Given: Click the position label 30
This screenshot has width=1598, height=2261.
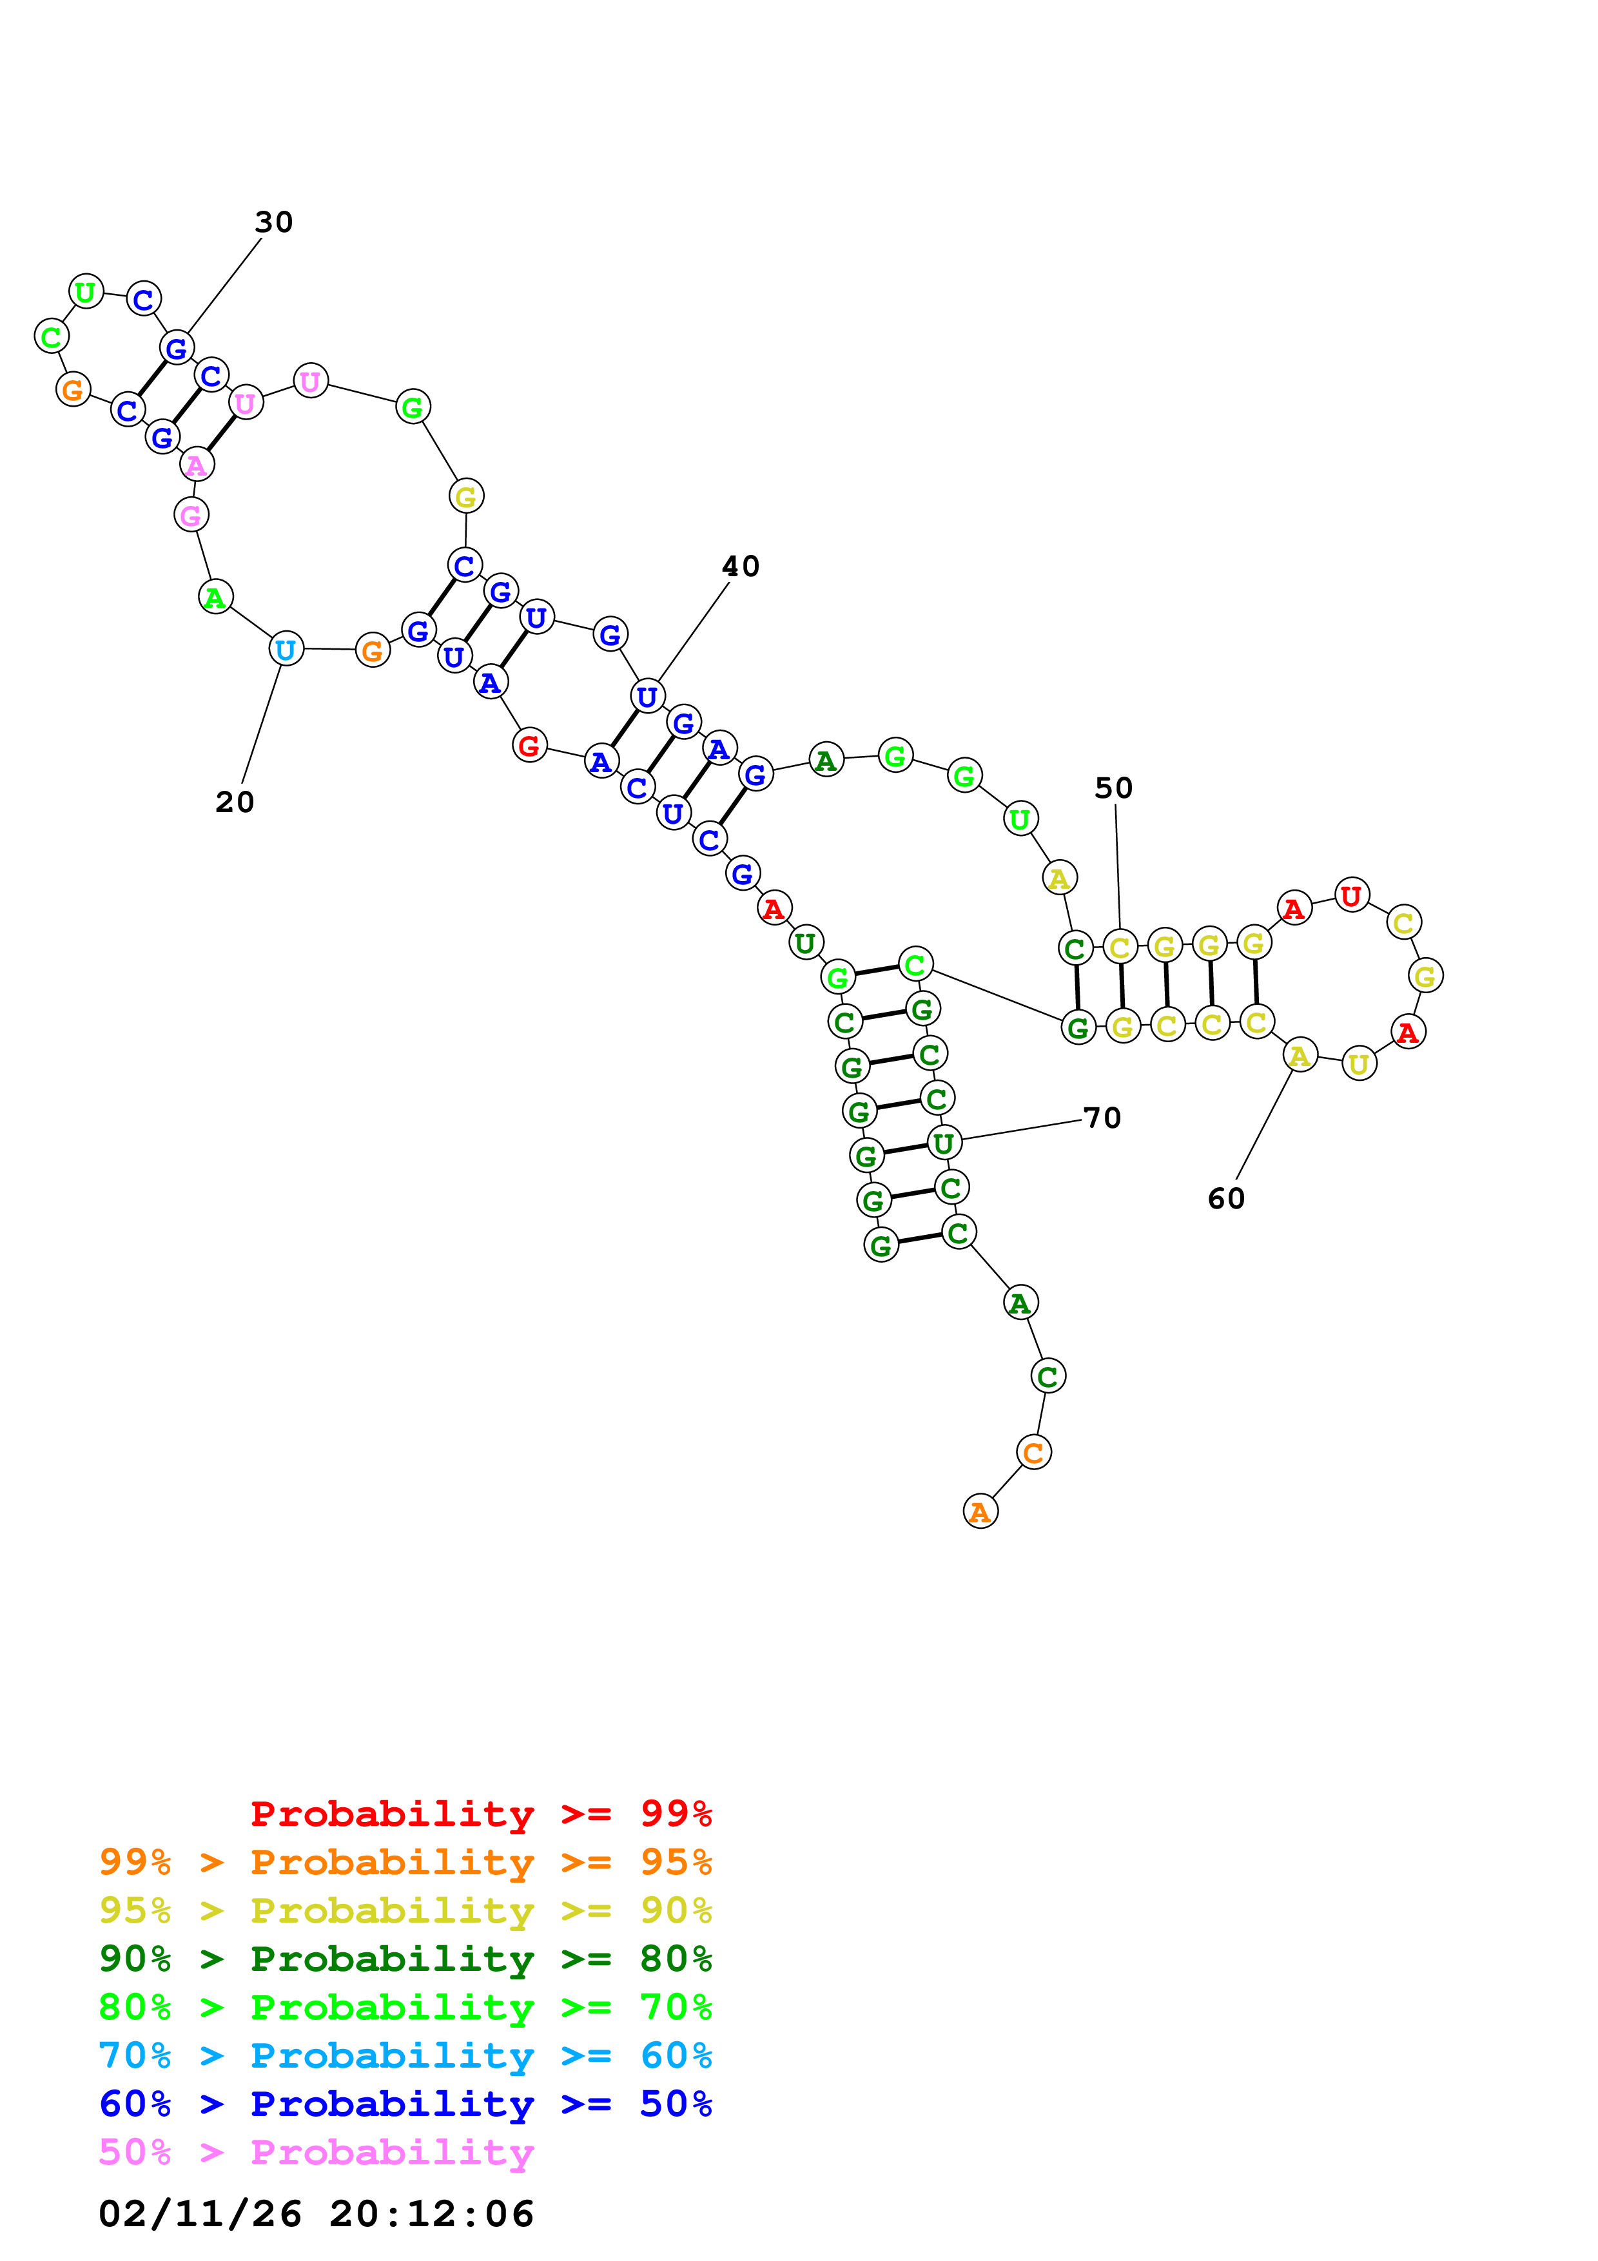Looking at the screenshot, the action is [x=274, y=222].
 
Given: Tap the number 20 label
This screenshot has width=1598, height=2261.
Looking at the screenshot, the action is [x=235, y=802].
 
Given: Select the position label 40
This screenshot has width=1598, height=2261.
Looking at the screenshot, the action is [x=741, y=567].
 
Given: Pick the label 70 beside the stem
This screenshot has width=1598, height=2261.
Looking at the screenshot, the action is [x=1102, y=1118].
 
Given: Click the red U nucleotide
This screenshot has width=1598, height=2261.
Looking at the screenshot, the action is [x=1351, y=895].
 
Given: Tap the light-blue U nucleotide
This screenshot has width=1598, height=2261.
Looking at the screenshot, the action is [x=286, y=649].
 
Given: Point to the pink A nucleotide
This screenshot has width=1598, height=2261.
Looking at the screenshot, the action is [x=197, y=465].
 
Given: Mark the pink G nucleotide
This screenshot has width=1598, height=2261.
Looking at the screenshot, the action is [x=191, y=514].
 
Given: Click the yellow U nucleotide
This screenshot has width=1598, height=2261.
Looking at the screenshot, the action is [x=1359, y=1063].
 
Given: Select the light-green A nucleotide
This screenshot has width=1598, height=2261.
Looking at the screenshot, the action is [x=215, y=597].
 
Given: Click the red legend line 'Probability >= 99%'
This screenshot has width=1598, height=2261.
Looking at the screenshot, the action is [x=480, y=1813].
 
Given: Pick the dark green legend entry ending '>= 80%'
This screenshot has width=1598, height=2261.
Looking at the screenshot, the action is [x=405, y=1959].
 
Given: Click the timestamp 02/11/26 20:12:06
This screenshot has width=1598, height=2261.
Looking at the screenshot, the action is [x=316, y=2214].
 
